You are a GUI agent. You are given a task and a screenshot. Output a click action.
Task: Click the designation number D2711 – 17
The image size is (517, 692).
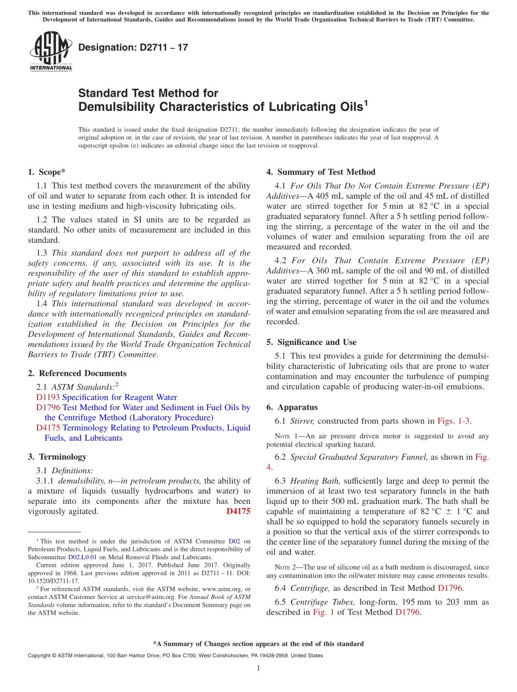pyautogui.click(x=133, y=47)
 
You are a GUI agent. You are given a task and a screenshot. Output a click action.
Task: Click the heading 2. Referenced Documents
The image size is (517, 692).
pyautogui.click(x=77, y=373)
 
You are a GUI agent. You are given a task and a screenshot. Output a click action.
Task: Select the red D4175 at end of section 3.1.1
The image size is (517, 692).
pyautogui.click(x=238, y=511)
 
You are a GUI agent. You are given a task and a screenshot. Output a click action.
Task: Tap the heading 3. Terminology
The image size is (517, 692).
pyautogui.click(x=57, y=457)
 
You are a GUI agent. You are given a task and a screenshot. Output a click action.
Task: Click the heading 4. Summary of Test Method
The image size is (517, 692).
pyautogui.click(x=321, y=172)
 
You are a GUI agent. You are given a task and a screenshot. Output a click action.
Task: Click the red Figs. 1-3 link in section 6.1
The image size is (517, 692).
pyautogui.click(x=454, y=421)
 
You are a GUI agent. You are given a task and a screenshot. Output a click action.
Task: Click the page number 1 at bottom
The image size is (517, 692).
pyautogui.click(x=258, y=668)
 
